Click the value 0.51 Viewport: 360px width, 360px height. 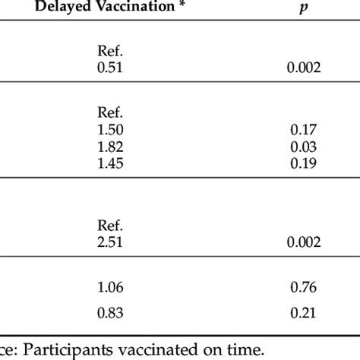click(x=111, y=68)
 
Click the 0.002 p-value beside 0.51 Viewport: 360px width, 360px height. click(x=302, y=68)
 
